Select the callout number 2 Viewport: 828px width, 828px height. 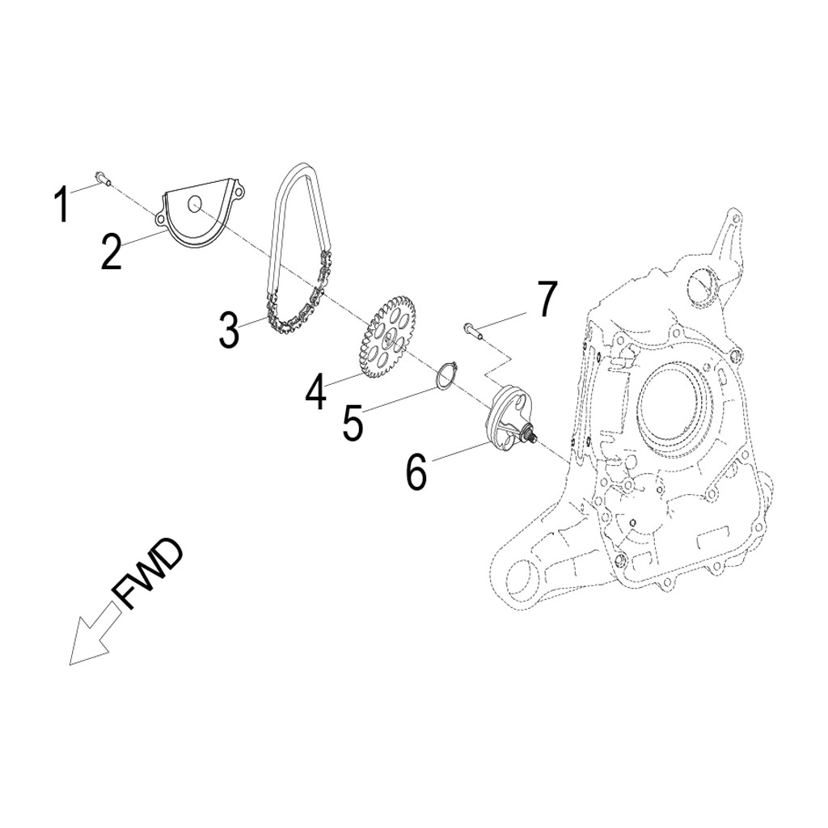pos(112,251)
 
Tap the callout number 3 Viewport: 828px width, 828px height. pos(230,330)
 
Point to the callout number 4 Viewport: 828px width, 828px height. pos(315,392)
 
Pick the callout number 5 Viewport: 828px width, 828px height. pos(353,424)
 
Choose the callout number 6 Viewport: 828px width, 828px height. pos(416,471)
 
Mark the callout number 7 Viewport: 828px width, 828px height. pos(547,300)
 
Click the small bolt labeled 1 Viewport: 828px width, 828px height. pos(102,177)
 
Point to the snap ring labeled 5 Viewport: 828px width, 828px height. pos(444,377)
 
